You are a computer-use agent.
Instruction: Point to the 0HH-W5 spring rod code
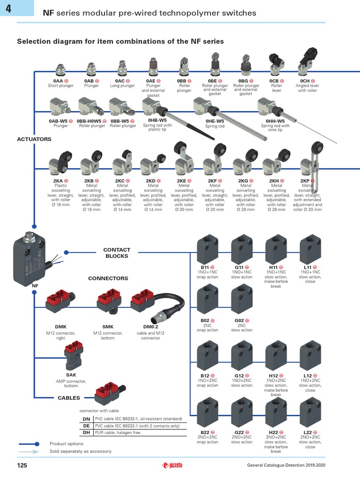click(275, 121)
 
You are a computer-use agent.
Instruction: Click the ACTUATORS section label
click(34, 139)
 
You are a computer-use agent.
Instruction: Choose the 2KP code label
click(305, 180)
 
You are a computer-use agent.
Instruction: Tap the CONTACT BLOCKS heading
click(117, 253)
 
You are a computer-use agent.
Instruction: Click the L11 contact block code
click(308, 267)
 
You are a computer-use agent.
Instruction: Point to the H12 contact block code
click(274, 376)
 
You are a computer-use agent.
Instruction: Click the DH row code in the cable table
click(86, 433)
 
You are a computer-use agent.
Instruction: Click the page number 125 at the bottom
click(22, 465)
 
